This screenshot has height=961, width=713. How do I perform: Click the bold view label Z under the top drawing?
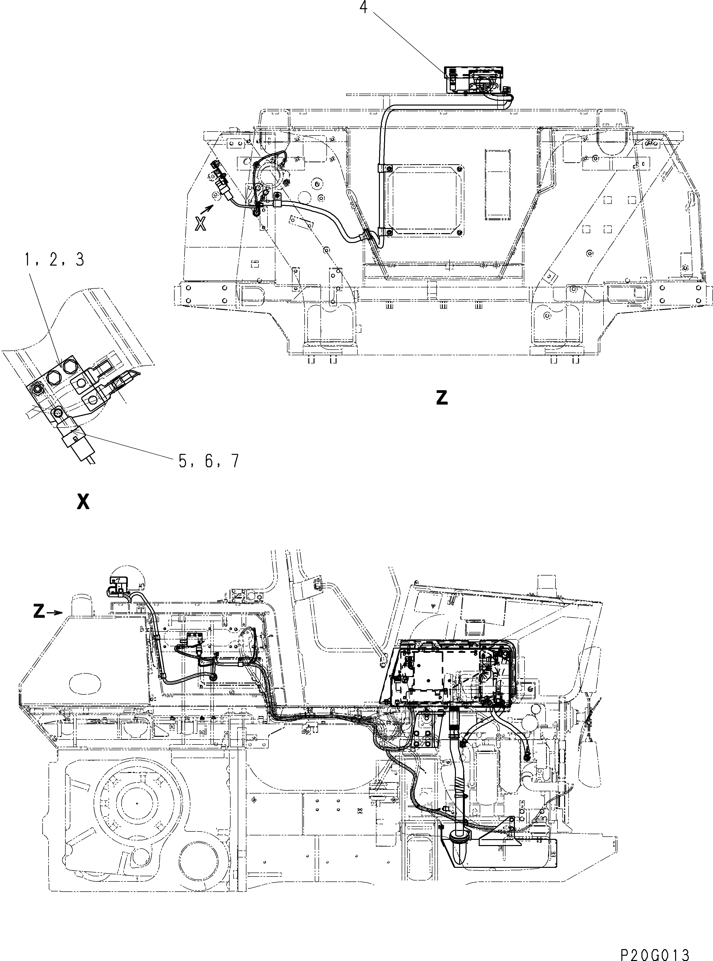point(442,398)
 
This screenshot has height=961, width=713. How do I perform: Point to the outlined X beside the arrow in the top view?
point(200,224)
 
